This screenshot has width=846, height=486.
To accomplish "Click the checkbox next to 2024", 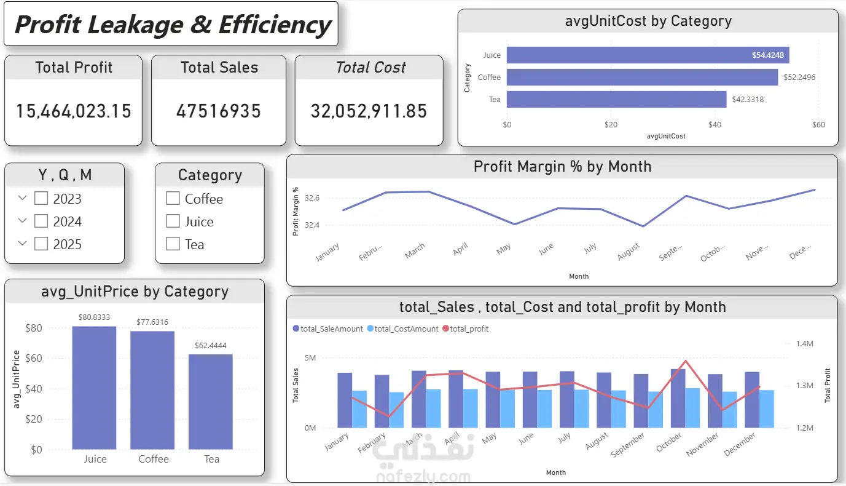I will click(x=41, y=221).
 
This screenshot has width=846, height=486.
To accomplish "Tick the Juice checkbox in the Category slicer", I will click(x=173, y=221).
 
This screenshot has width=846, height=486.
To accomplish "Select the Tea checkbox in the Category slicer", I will click(x=173, y=244).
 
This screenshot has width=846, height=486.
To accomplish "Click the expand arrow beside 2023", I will click(x=23, y=198).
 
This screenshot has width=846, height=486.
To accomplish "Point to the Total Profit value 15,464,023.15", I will click(x=74, y=111).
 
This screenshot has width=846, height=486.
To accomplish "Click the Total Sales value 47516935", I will click(x=219, y=111).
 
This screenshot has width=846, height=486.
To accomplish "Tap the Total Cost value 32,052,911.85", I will click(x=369, y=111).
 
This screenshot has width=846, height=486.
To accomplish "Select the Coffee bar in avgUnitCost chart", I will click(x=642, y=78).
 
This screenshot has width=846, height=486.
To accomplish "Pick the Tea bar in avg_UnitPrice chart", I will click(x=211, y=402).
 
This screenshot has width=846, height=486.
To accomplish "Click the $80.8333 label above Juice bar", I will click(x=94, y=317).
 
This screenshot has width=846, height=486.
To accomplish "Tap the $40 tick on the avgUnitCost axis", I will click(x=715, y=125).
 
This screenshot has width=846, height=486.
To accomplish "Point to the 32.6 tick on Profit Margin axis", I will click(x=312, y=198).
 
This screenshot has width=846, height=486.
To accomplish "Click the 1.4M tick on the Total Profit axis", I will click(x=804, y=344).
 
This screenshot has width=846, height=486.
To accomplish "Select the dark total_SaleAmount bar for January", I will click(x=345, y=400).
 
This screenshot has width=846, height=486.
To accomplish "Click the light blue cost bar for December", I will click(x=767, y=409).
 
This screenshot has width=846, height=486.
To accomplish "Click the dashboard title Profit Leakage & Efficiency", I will click(x=172, y=25).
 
